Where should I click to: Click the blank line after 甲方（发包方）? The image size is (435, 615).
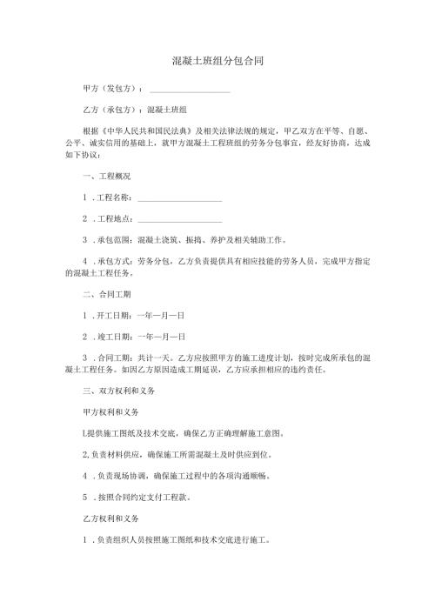tap(190, 90)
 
